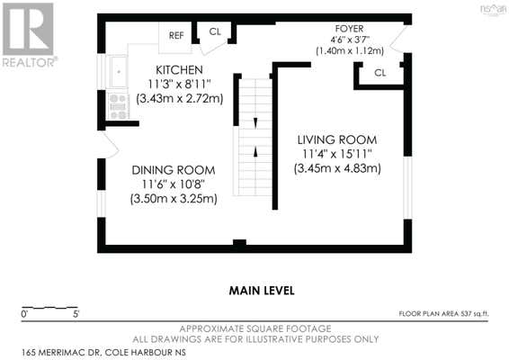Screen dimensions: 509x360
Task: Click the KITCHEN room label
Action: [179, 70]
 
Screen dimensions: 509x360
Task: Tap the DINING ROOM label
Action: [174, 170]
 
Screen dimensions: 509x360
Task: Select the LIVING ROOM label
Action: [337, 140]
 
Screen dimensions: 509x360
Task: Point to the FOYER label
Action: [349, 29]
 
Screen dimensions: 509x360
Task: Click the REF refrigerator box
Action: [175, 37]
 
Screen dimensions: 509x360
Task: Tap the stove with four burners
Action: [118, 106]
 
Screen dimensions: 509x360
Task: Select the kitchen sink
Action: [118, 71]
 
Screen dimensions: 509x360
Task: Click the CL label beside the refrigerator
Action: [215, 31]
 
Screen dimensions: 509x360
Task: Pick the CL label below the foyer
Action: [380, 73]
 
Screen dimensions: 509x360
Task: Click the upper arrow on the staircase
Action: [255, 122]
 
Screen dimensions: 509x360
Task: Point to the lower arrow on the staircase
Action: [255, 152]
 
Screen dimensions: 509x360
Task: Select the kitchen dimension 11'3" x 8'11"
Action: [179, 85]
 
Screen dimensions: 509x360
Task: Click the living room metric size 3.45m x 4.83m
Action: [337, 168]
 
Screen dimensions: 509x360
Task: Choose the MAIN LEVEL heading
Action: [262, 291]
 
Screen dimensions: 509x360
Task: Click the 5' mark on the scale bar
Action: [76, 314]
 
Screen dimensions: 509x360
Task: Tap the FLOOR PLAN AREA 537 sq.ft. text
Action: [443, 313]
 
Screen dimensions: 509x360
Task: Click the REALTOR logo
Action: [29, 35]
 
